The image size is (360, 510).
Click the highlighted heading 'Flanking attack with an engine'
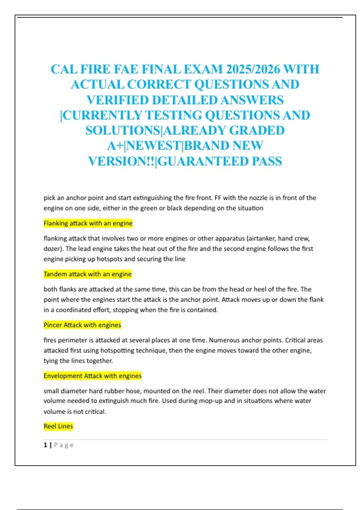point(88,223)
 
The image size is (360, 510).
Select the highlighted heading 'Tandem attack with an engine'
point(88,274)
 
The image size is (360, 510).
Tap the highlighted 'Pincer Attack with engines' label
point(82,325)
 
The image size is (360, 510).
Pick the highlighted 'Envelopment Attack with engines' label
point(92,376)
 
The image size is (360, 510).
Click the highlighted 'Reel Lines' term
point(58,426)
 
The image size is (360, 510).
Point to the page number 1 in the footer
point(45,445)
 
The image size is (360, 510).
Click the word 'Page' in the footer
point(64,445)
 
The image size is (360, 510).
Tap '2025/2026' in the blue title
point(253,69)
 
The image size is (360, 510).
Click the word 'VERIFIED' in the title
point(118,100)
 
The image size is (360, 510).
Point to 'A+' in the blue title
point(115,146)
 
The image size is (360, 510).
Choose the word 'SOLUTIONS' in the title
point(123,130)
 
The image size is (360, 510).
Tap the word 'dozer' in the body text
point(52,249)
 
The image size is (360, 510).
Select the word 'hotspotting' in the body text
point(117,350)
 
